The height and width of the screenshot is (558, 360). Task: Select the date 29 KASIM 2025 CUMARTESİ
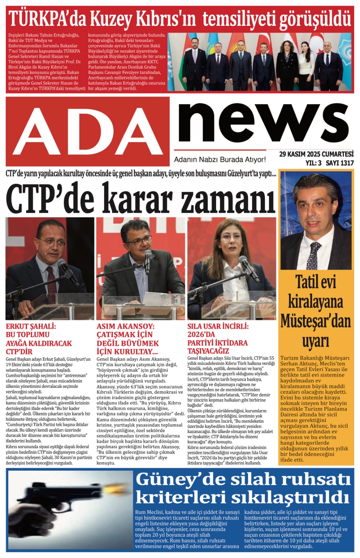coord(316,154)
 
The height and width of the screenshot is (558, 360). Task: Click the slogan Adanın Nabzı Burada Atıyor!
coord(220,160)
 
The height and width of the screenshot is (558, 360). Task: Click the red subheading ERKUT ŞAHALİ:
coord(31,327)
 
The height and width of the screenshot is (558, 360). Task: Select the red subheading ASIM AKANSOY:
coord(125,327)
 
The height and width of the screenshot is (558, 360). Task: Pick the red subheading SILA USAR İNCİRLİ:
coord(218,327)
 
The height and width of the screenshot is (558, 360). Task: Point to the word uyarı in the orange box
coord(316,341)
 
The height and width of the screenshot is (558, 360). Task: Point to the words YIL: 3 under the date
coord(313,163)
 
